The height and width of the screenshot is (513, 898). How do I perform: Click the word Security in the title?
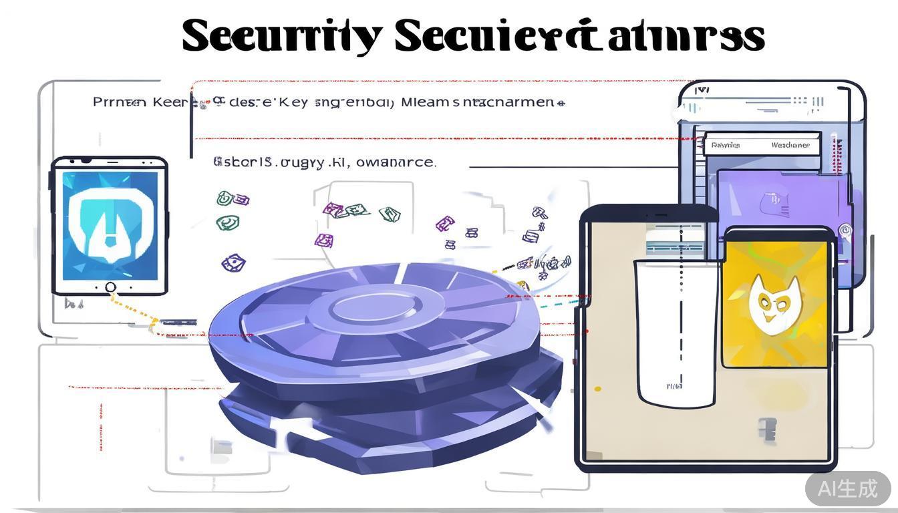[x=281, y=36]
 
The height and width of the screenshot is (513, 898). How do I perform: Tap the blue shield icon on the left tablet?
[x=110, y=224]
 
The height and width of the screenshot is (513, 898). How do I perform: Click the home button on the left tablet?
[x=110, y=287]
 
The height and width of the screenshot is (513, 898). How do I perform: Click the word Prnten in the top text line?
[x=120, y=103]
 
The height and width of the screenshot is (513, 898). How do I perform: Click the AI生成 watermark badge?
[x=847, y=488]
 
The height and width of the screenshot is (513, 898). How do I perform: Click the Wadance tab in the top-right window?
[x=790, y=145]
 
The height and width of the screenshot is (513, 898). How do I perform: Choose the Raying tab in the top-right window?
[x=726, y=145]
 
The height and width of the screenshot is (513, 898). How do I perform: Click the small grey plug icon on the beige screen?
[x=768, y=430]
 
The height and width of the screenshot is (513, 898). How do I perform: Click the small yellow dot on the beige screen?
[x=597, y=389]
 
